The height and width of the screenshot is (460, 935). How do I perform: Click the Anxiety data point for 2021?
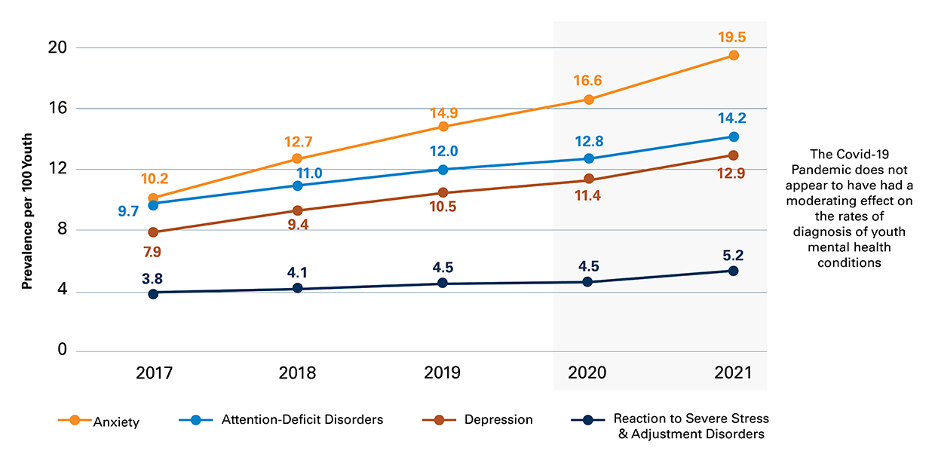pos(733,56)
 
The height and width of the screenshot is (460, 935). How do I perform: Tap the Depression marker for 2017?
pos(154,232)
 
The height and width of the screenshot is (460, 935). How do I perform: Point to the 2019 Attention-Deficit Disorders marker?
pos(443,170)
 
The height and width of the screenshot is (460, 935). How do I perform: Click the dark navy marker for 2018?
pos(298,289)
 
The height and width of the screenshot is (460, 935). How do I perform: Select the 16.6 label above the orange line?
pos(588,81)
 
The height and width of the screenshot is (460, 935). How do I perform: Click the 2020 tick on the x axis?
pos(588,373)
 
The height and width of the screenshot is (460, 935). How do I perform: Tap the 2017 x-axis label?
pos(154,373)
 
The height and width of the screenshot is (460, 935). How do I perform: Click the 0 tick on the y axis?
pos(63,351)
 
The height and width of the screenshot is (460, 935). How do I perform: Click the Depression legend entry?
pos(498,419)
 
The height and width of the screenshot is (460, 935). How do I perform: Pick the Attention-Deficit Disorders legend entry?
pos(302,419)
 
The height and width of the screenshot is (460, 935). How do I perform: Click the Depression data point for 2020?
pos(588,179)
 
